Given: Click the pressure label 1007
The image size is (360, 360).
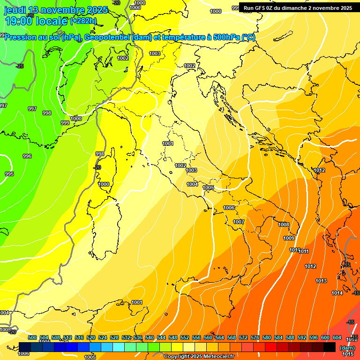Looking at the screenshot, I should point(239,222).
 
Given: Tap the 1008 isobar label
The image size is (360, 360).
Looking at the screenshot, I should point(284,225).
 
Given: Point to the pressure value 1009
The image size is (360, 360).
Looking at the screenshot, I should point(289,238).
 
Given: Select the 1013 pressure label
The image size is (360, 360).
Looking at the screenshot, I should point(321,281).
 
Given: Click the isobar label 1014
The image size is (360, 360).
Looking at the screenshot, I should point(337,293).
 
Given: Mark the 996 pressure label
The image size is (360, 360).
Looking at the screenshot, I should point(27,156).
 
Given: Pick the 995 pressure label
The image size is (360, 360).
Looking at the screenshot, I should point(9,173).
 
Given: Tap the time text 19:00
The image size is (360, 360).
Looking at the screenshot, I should point(18,21).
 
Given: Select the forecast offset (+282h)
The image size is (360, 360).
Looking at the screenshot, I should point(83,21).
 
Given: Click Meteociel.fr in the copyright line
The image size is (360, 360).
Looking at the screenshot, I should point(214,357).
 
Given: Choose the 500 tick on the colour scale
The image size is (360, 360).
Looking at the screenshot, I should point(32,337).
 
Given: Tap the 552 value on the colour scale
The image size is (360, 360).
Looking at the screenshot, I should point(185,337).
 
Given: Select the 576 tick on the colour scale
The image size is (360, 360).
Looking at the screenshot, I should point(255,337).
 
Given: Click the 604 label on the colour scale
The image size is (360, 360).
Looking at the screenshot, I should point(337,337).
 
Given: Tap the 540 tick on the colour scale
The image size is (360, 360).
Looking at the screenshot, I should point(150,337).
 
